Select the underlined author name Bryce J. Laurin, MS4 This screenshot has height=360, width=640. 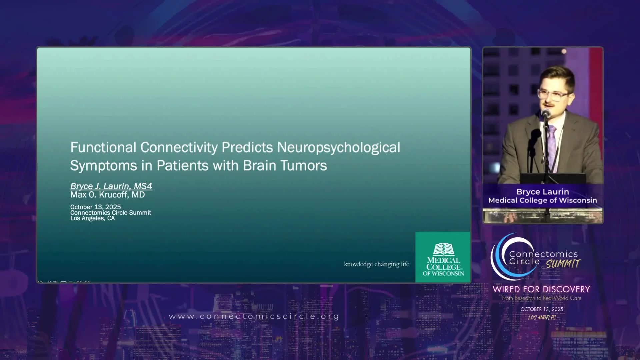coord(111,186)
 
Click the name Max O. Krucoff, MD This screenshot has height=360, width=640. coord(107,195)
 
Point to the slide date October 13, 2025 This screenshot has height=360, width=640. coord(95,207)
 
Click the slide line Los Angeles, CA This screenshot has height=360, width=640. coord(92,218)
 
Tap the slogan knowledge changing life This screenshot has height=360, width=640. coord(376,264)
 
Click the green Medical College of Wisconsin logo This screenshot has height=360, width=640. coord(443,257)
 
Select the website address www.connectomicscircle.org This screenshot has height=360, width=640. coord(254,316)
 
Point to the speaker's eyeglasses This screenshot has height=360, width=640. coord(553,95)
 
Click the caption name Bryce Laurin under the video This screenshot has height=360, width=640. coord(543,192)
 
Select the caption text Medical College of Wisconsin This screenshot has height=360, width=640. coord(543,200)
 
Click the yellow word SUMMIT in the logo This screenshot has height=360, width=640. coord(563,264)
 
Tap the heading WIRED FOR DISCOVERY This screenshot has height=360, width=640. coord(541,289)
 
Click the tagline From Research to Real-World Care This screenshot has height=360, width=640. coord(542,298)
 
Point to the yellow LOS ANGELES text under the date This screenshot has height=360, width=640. coord(542,318)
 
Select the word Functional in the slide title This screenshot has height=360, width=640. coord(103,147)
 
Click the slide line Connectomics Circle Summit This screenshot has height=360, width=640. coord(111,213)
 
